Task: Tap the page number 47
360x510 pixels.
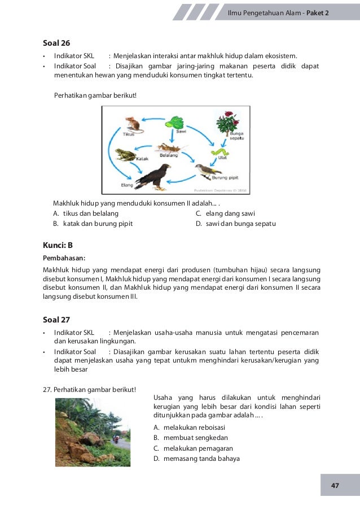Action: point(335,486)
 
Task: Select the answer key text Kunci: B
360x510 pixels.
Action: point(58,245)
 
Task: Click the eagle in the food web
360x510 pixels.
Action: point(154,177)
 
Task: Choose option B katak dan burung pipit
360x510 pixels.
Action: point(93,224)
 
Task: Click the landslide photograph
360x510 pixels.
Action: point(93,432)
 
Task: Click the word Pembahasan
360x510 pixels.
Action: point(64,258)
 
